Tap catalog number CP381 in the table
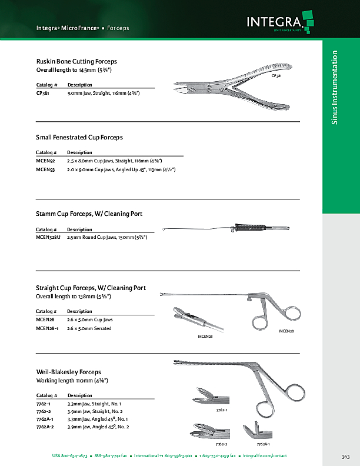pos(42,93)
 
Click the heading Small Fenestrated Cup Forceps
pos(79,137)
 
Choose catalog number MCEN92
pos(45,161)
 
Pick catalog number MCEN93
pos(45,169)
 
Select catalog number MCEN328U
pos(48,237)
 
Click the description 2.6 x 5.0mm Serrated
pos(89,328)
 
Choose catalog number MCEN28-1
pos(47,328)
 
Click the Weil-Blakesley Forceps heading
pos(68,372)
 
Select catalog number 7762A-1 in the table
pos(46,418)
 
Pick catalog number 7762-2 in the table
pos(44,411)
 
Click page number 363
pos(345,457)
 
